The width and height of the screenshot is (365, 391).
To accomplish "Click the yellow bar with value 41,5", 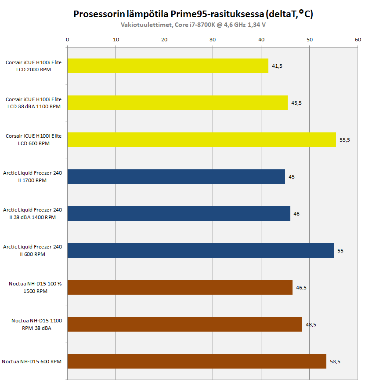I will (x=167, y=66).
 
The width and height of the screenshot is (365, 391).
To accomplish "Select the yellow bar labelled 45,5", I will (x=177, y=103).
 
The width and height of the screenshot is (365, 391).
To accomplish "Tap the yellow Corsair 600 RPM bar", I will (x=201, y=140).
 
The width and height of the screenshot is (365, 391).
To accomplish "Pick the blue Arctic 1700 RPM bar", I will (x=176, y=177).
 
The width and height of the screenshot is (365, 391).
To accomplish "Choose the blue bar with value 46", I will (x=178, y=214).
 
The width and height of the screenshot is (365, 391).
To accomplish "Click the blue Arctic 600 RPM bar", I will (x=200, y=251).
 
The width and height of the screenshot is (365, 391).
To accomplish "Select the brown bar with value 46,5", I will (x=180, y=288).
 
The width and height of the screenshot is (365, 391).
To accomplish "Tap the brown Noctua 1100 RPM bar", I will (x=184, y=325).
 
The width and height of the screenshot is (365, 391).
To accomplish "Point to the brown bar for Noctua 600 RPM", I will (x=196, y=362).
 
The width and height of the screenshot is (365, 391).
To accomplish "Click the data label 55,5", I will (x=345, y=140).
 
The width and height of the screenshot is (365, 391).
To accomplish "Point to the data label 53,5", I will (x=335, y=362).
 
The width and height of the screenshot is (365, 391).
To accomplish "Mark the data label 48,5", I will (x=311, y=325).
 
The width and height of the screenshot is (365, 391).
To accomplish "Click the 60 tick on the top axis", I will (x=358, y=40).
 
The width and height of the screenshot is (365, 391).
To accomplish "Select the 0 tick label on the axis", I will (x=67, y=40).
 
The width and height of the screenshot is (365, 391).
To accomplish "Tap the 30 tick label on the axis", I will (x=213, y=40).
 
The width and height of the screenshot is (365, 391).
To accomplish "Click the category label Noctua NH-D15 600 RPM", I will (x=32, y=362).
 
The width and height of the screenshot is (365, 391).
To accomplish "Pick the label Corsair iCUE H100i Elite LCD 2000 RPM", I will (x=34, y=66).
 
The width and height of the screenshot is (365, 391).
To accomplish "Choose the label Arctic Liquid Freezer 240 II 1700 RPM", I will (x=33, y=177).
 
